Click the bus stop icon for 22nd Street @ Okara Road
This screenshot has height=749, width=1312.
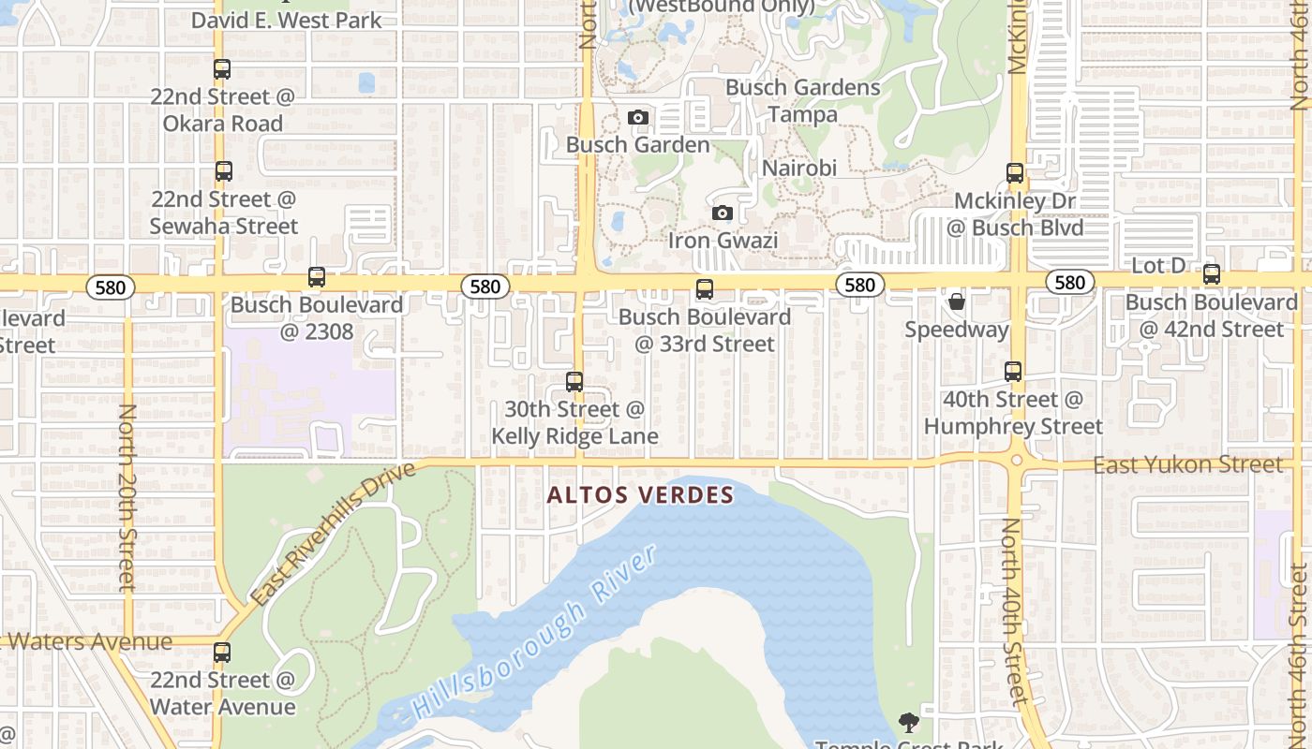222,69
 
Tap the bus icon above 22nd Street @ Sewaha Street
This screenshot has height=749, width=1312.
223,171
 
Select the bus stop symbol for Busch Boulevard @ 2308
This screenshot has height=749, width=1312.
317,277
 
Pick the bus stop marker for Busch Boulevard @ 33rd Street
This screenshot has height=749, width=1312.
705,289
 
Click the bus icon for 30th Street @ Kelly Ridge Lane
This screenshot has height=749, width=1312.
574,382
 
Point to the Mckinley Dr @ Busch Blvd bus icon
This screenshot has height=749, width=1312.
1015,173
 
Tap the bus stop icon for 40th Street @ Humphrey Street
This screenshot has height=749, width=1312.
1013,372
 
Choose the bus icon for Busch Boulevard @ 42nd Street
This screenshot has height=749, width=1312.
1212,275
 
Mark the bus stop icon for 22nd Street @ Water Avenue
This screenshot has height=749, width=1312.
222,653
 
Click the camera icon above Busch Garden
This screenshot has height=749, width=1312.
638,118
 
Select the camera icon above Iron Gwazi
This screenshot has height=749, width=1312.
722,213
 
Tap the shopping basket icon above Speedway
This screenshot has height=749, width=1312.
957,301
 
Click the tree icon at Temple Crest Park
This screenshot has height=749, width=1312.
908,722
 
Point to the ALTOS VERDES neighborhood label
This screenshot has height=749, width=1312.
640,495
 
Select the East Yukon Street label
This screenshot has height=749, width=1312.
1188,465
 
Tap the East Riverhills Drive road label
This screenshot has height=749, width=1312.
333,534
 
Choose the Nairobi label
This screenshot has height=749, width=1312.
799,169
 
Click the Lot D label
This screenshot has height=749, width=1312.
1158,266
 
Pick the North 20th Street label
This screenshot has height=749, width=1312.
127,496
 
